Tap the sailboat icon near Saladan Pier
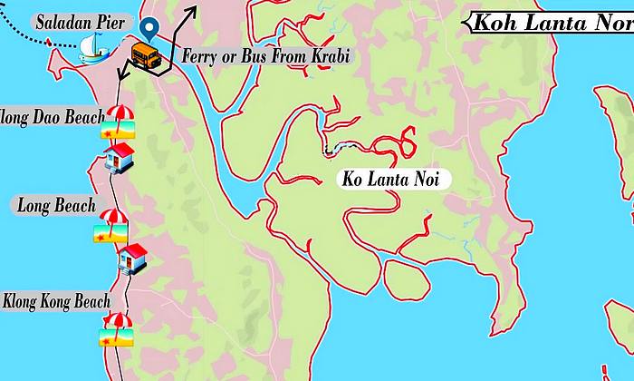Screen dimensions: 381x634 pyautogui.click(x=91, y=48)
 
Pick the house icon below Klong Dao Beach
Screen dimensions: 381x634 pyautogui.click(x=119, y=160)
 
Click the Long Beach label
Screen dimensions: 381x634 pyautogui.click(x=56, y=206)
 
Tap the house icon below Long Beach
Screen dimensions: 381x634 pyautogui.click(x=132, y=259)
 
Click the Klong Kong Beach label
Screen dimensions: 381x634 pyautogui.click(x=57, y=301)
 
